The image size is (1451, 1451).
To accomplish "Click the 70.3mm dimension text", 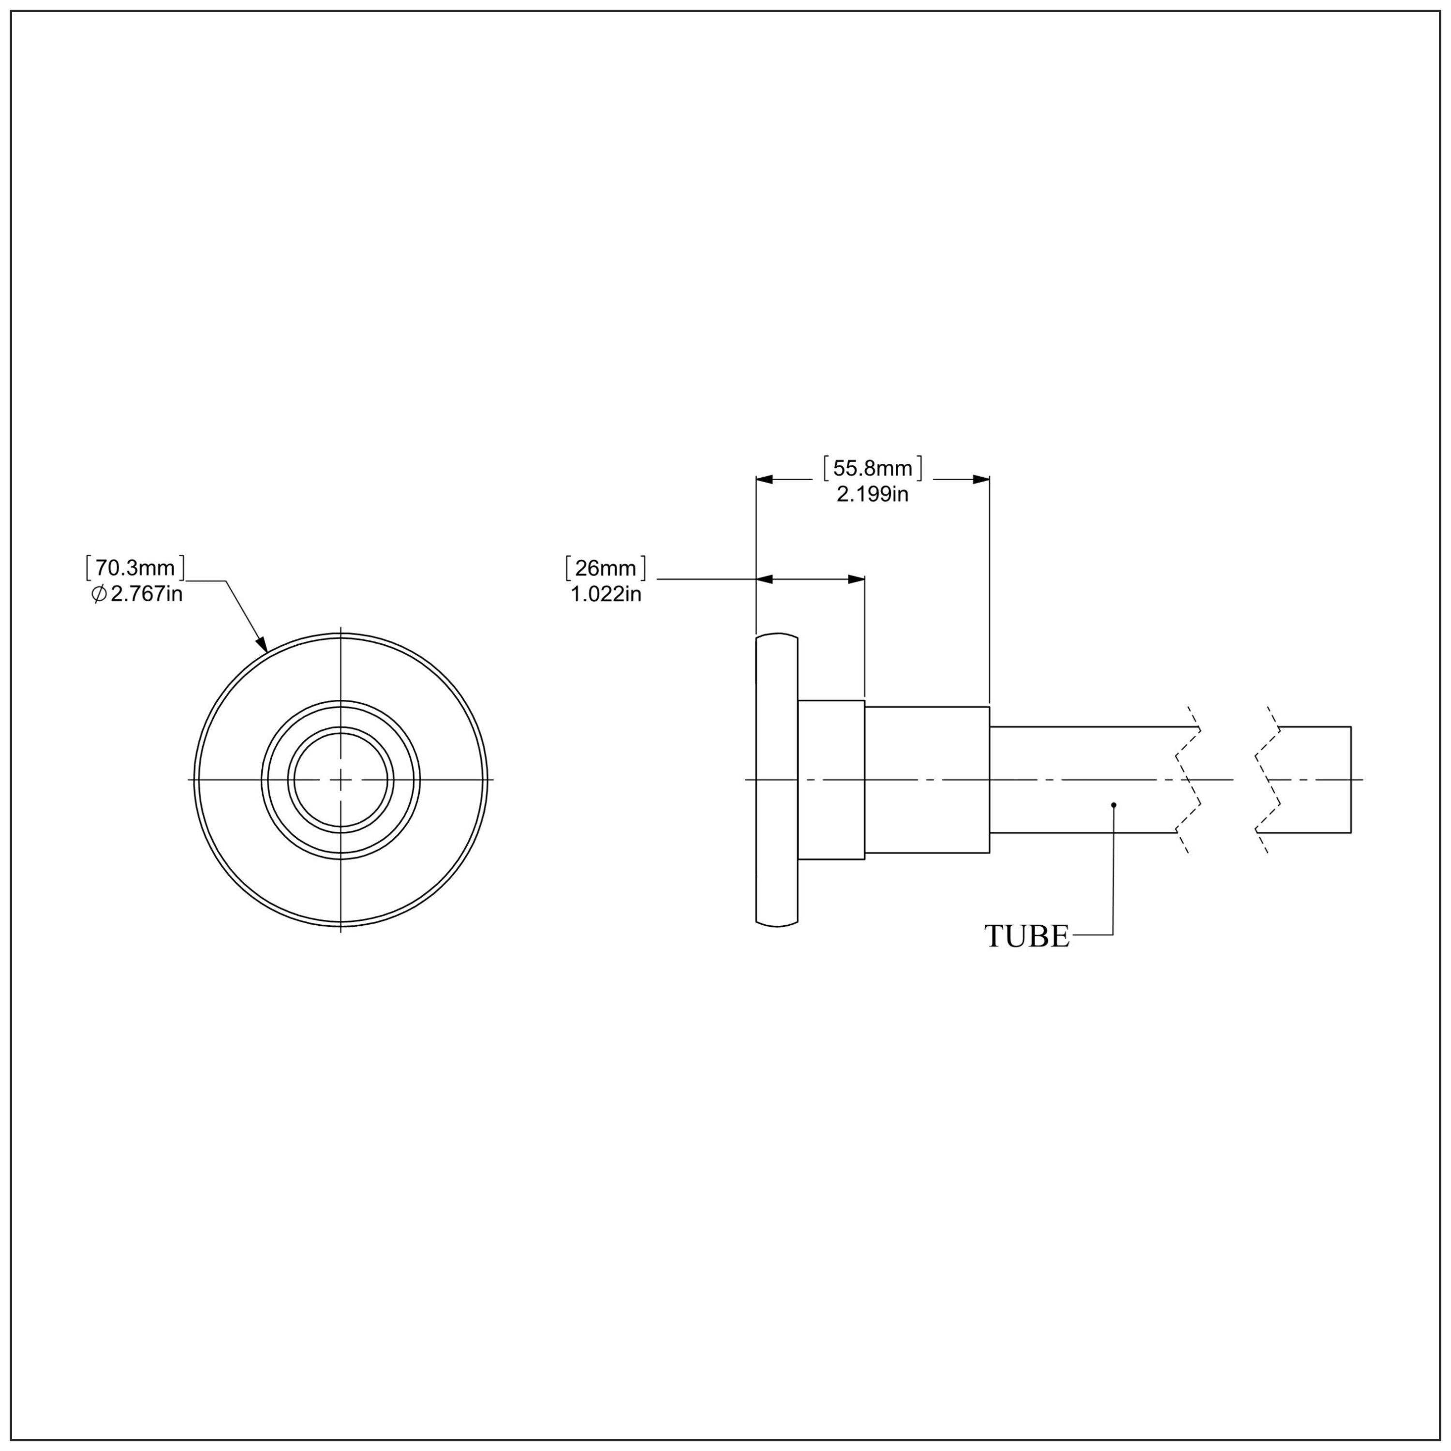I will pyautogui.click(x=135, y=567).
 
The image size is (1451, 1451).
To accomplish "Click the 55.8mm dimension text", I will pyautogui.click(x=873, y=469).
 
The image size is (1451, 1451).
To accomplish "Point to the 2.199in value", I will pyautogui.click(x=873, y=494).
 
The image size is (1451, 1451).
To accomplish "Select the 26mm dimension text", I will pyautogui.click(x=606, y=568).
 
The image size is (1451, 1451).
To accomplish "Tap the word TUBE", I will pyautogui.click(x=1027, y=936).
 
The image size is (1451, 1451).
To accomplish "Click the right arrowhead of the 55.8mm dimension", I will pyautogui.click(x=981, y=479).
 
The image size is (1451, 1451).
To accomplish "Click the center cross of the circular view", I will pyautogui.click(x=341, y=780).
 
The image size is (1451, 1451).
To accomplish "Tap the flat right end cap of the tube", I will pyautogui.click(x=1351, y=780).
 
